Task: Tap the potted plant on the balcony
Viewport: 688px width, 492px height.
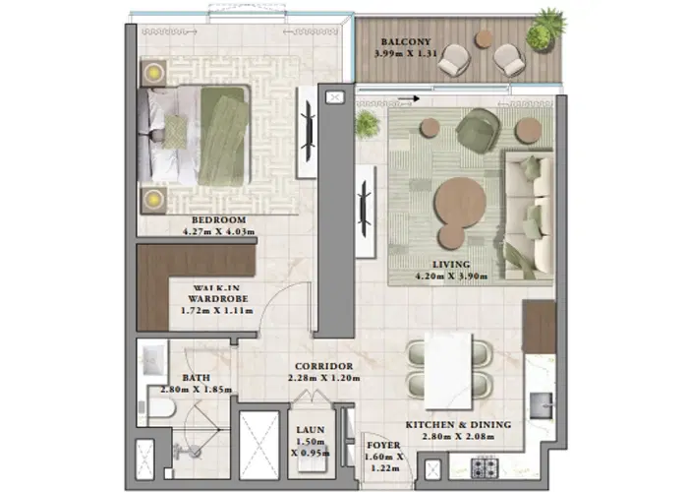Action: click(545, 29)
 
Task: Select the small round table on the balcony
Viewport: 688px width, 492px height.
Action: click(485, 39)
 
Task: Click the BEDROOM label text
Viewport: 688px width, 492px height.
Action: click(218, 219)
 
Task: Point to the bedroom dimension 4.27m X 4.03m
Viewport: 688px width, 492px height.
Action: click(218, 232)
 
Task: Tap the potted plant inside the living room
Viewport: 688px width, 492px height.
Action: click(368, 123)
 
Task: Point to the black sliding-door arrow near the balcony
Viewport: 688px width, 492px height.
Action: click(417, 98)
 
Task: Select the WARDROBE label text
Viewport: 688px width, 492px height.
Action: click(218, 298)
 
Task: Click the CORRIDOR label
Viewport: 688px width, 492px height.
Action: click(323, 365)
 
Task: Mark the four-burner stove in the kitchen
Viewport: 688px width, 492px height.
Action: click(482, 466)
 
